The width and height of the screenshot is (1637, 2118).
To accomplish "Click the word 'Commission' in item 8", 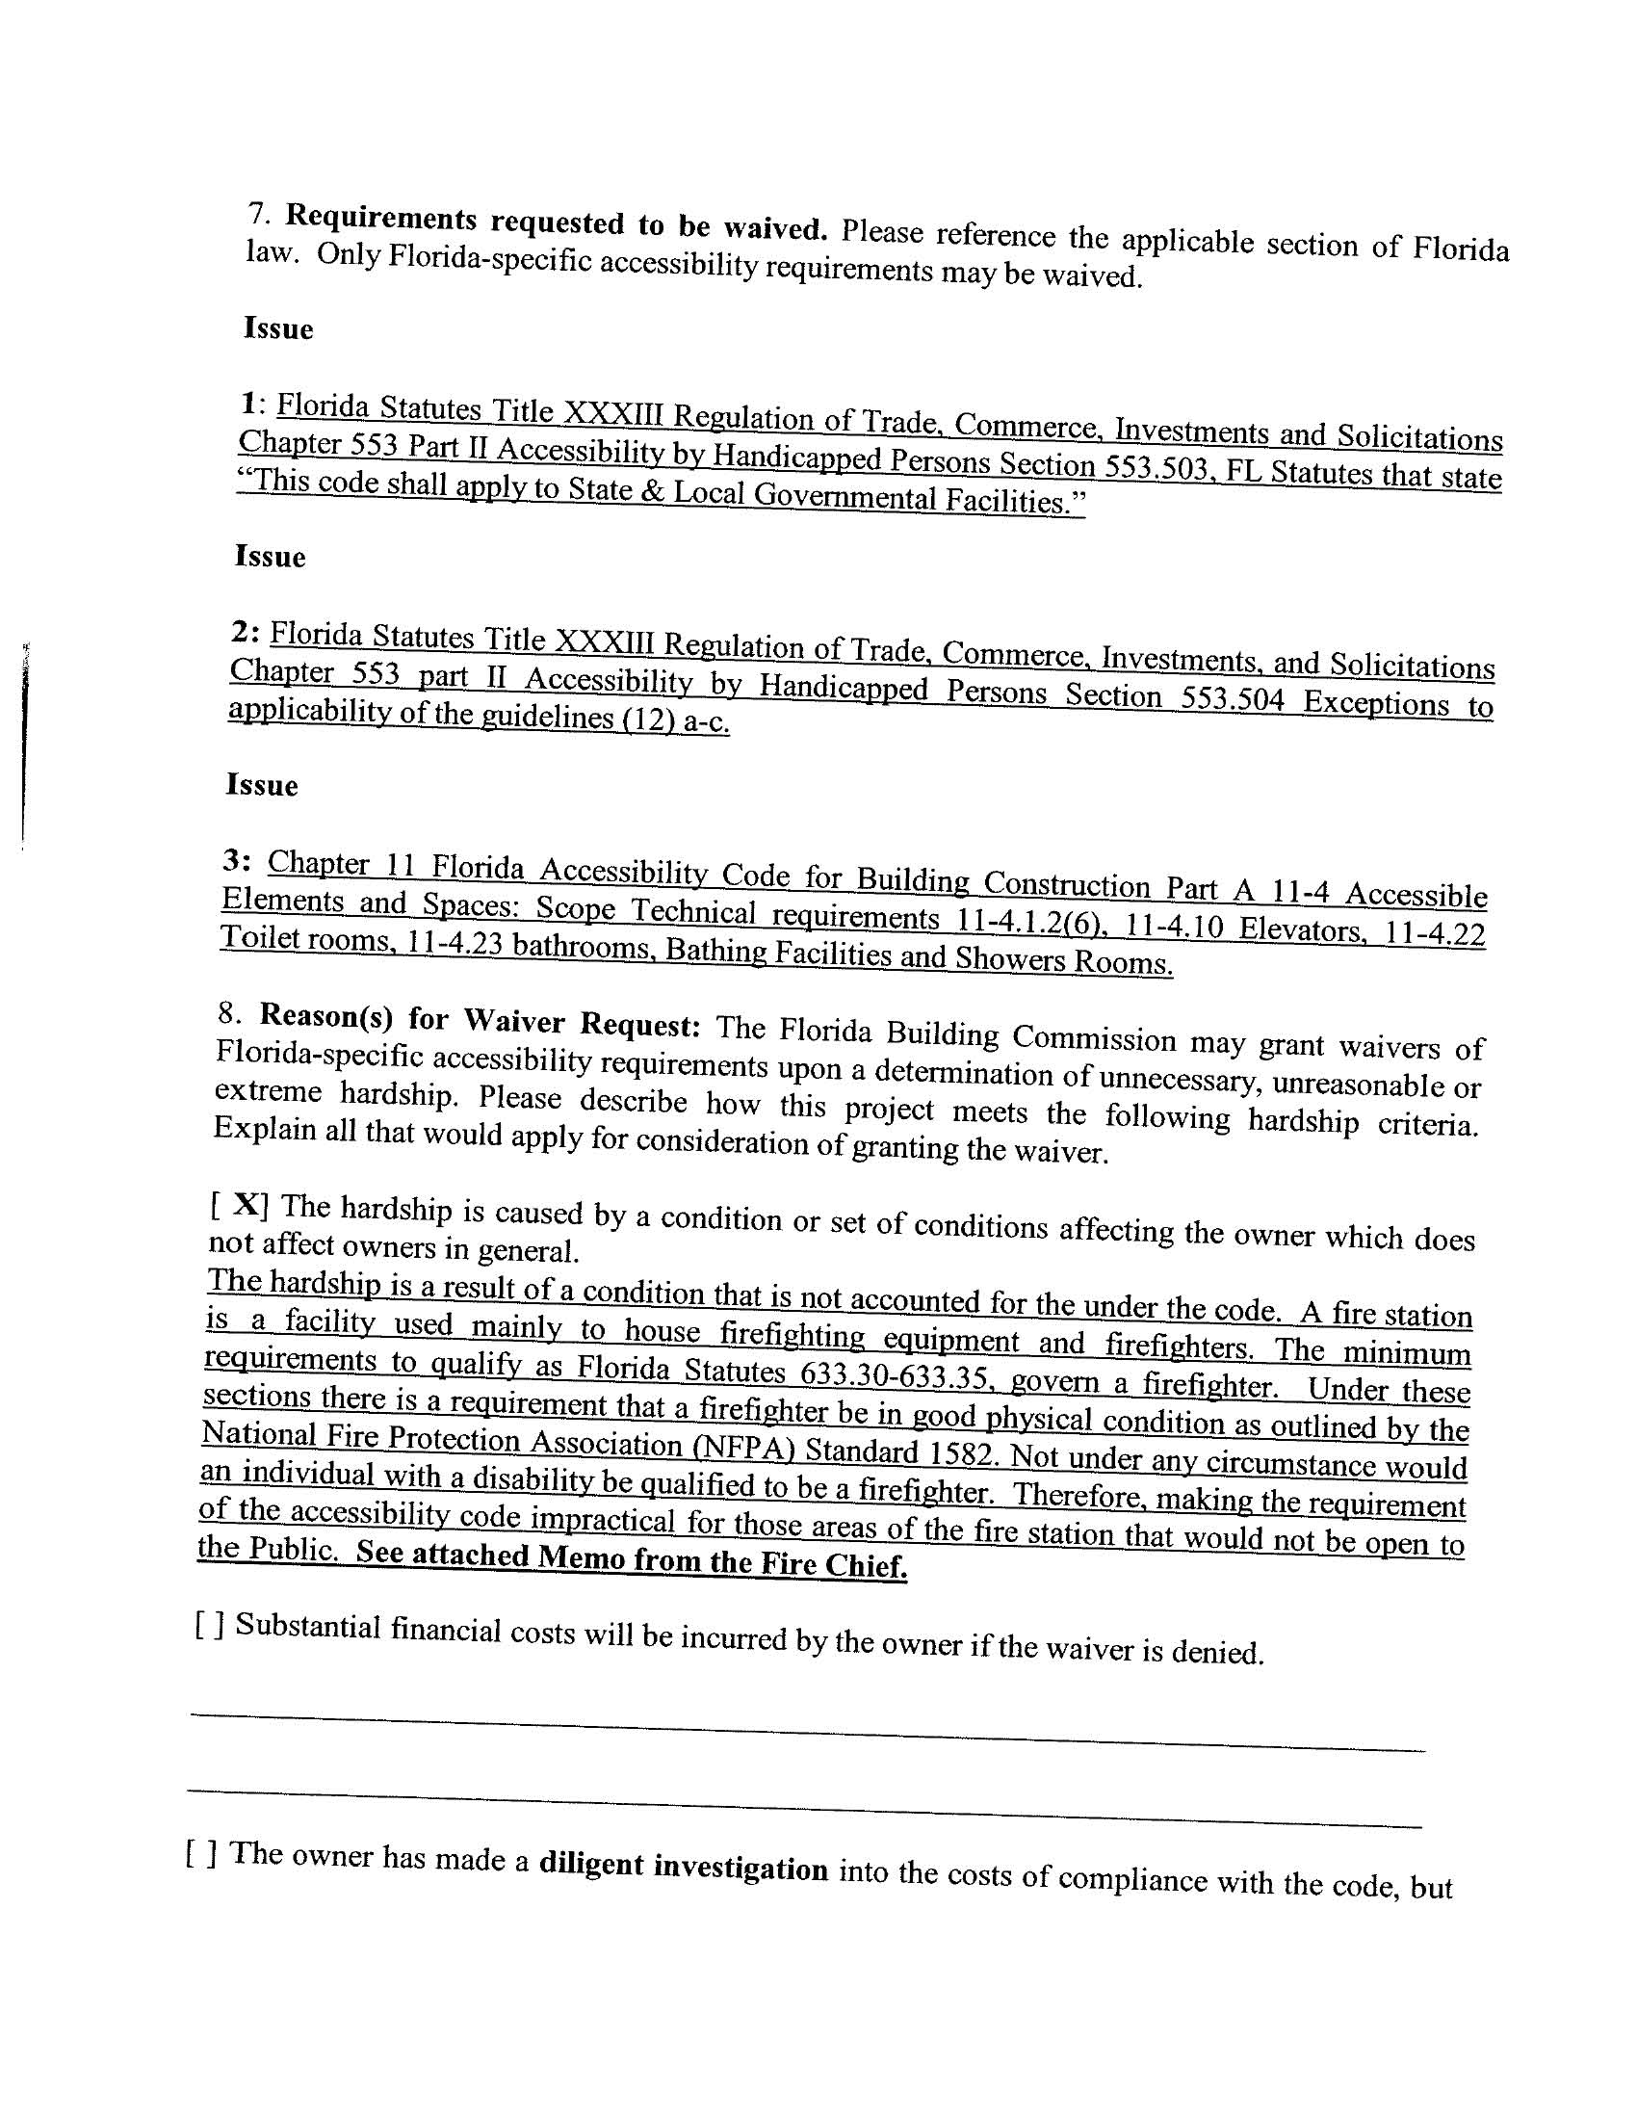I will click(1094, 1038).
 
